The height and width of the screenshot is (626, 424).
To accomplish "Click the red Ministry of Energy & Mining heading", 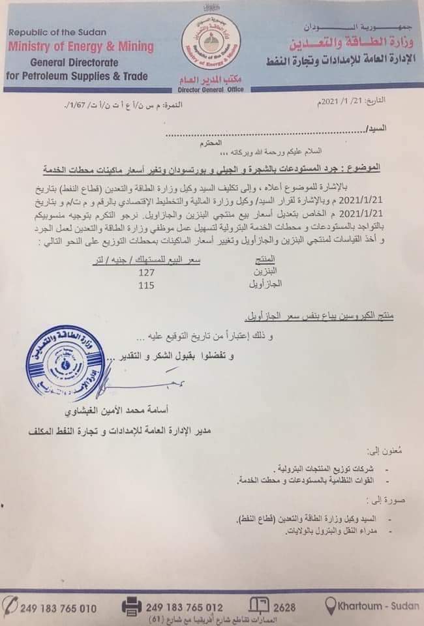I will click(x=82, y=47).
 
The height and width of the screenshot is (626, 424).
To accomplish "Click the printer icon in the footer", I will click(x=132, y=606).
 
